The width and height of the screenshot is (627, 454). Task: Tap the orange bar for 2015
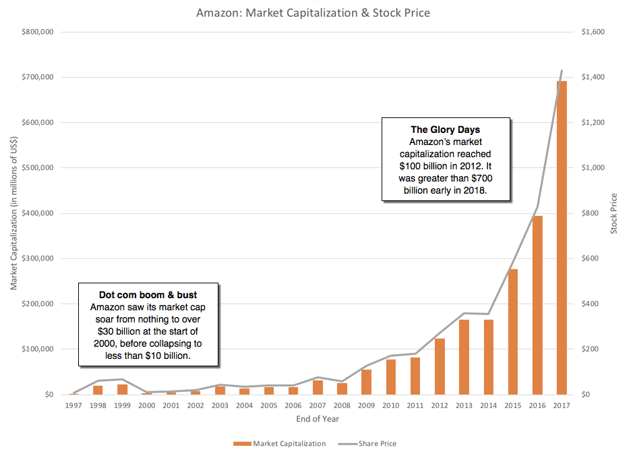tap(512, 331)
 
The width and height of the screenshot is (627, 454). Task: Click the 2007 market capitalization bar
tap(318, 387)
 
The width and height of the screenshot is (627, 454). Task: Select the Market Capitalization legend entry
tap(278, 444)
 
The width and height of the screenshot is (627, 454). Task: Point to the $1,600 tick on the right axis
tap(593, 32)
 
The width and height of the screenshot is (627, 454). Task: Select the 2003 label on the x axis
tap(220, 406)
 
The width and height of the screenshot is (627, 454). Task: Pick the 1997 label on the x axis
tap(73, 406)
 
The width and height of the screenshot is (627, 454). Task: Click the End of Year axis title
tap(318, 419)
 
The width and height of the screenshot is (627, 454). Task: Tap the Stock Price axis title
tap(614, 213)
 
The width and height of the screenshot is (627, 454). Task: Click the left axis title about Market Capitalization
tap(13, 213)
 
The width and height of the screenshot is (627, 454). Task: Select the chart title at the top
tap(313, 13)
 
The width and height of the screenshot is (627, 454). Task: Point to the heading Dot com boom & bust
tap(148, 295)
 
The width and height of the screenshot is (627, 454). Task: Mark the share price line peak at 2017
tap(562, 70)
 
